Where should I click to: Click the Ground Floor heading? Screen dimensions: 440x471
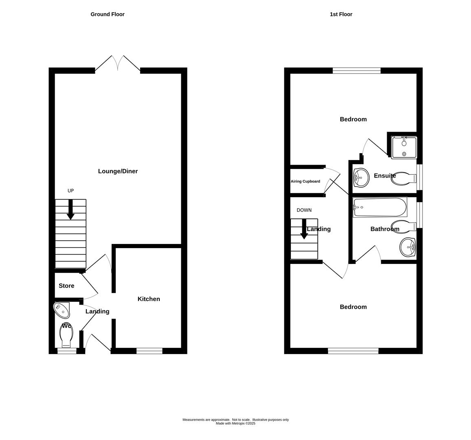click(x=107, y=14)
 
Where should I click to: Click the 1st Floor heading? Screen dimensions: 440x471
click(x=341, y=14)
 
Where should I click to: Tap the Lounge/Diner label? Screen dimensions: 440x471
click(x=118, y=171)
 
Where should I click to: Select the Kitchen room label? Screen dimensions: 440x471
click(x=149, y=299)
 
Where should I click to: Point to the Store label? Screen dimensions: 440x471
click(x=66, y=286)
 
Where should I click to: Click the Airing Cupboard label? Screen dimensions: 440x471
click(x=305, y=181)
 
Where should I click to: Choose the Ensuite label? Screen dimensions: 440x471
click(x=385, y=176)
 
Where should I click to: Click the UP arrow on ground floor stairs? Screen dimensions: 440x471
click(x=70, y=209)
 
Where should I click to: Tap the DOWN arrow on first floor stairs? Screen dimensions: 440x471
click(x=304, y=229)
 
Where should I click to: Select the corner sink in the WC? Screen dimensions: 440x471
click(x=62, y=310)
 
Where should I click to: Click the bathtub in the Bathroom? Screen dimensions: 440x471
click(x=380, y=207)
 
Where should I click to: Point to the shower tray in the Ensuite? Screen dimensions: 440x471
click(x=404, y=147)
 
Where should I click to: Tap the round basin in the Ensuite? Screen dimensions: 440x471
click(x=361, y=178)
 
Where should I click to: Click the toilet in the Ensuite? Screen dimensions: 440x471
click(x=404, y=178)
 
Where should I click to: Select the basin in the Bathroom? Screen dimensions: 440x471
click(x=407, y=247)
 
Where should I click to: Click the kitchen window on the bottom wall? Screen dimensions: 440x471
click(x=149, y=351)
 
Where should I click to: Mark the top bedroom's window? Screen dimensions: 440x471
click(x=357, y=70)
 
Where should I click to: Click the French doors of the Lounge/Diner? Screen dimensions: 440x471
click(x=118, y=64)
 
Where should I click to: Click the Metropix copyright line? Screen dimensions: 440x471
click(x=236, y=424)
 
